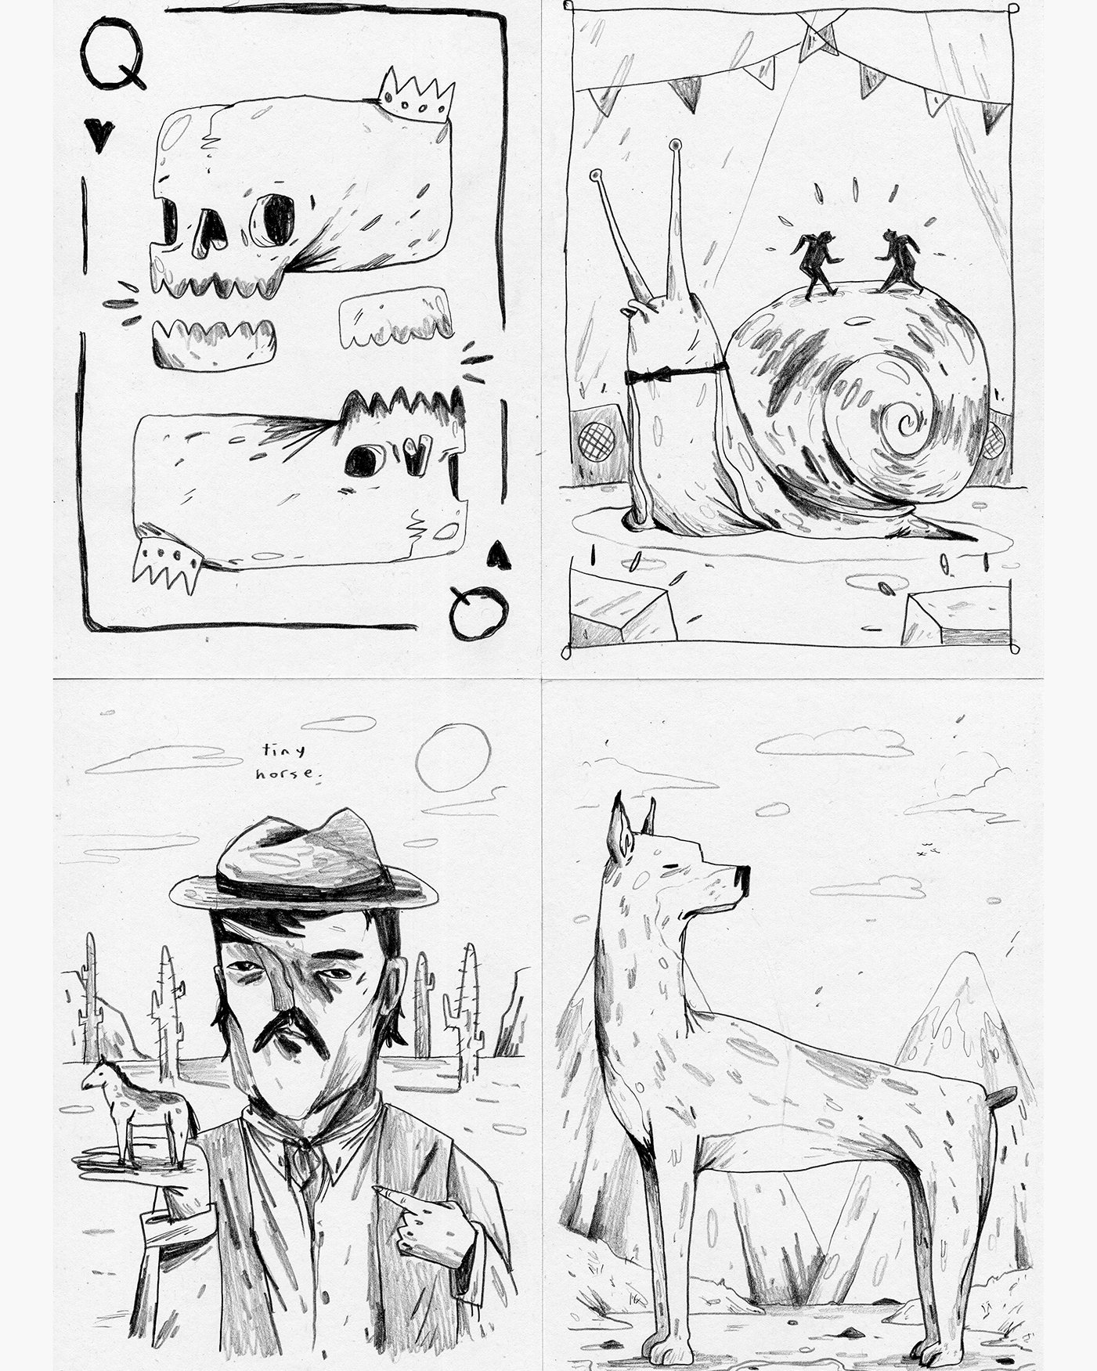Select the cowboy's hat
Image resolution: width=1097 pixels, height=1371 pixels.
point(304,867)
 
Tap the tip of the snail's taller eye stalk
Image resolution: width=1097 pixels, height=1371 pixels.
point(674,145)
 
